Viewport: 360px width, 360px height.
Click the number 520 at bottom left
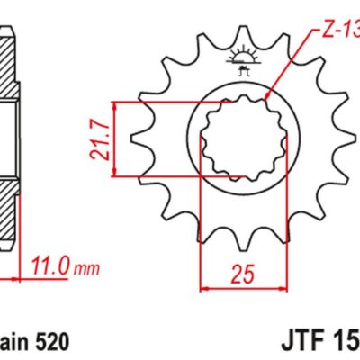[x=51, y=342]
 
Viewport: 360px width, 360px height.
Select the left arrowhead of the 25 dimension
[x=202, y=289]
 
